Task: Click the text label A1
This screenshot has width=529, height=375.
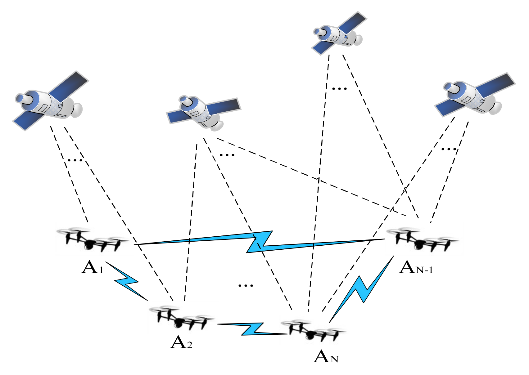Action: pos(92,267)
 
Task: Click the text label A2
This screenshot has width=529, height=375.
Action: pos(181,343)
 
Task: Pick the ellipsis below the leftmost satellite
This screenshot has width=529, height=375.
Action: pos(75,160)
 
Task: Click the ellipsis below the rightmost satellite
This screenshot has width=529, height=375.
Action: pos(449,149)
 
